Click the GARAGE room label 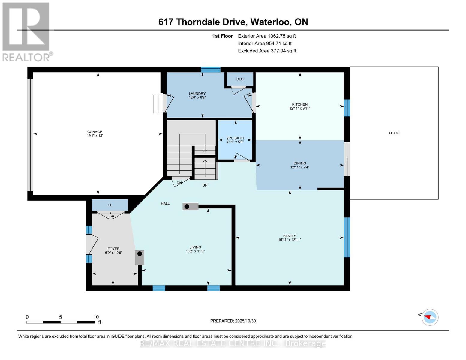click(95, 132)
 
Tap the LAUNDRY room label click(197, 94)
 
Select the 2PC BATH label click(235, 138)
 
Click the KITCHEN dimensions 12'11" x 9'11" click(299, 108)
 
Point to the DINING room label click(300, 163)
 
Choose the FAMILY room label click(289, 236)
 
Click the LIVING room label click(195, 247)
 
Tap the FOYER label click(113, 249)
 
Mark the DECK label click(394, 133)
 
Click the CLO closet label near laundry click(240, 79)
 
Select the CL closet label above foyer click(110, 205)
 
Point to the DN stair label click(179, 183)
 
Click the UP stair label click(205, 185)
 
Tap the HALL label click(165, 203)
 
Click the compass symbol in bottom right click(430, 317)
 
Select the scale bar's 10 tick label click(96, 317)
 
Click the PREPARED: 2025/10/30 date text click(233, 321)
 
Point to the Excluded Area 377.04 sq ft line click(267, 51)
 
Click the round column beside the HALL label click(187, 207)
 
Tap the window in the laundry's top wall click(211, 70)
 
